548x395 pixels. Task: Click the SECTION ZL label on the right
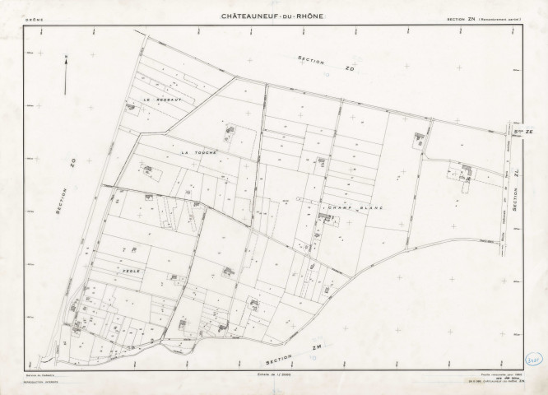pos(513,196)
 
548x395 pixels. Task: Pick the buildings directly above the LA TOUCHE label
pos(230,129)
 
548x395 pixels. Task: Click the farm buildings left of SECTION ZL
pos(466,173)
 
